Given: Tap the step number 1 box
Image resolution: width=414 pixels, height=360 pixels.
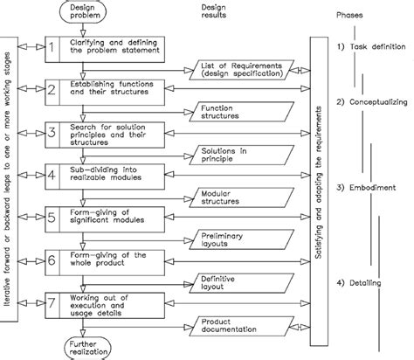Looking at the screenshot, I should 52,51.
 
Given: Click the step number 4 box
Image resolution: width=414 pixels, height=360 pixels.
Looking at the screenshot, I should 52,174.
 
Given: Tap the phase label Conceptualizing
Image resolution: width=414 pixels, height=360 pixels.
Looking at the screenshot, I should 373,102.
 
